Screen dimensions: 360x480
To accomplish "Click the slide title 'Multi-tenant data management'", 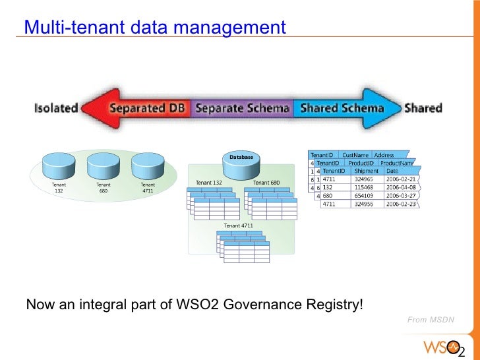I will [x=155, y=28].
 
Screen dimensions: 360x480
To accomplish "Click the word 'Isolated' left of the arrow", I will [x=56, y=107].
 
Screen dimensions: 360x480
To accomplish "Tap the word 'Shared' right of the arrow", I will [x=423, y=107].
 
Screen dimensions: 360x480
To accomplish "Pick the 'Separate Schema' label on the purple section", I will [x=243, y=107].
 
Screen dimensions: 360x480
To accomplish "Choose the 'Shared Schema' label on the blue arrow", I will [x=342, y=107].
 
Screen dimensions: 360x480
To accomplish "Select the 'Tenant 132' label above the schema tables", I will [x=209, y=183].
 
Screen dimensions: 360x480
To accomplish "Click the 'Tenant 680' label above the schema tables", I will [x=267, y=183].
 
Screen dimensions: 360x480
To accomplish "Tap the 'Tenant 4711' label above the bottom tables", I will [x=238, y=225].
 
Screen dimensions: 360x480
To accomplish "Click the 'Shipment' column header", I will [x=367, y=171].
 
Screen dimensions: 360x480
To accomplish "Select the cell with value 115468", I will [x=365, y=187].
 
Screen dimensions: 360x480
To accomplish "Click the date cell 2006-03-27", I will [x=402, y=196].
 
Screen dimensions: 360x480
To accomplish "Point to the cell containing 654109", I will [x=365, y=196].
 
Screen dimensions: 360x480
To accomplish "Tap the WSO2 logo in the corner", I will [x=444, y=346].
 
